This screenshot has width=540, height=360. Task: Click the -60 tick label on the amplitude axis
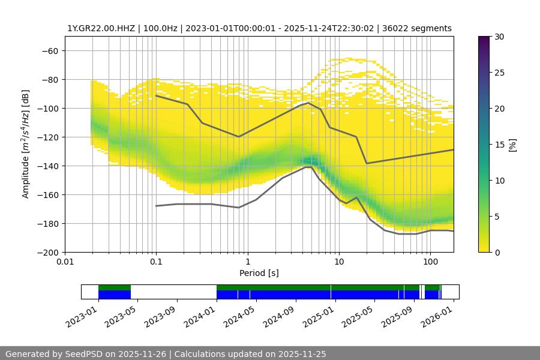point(50,50)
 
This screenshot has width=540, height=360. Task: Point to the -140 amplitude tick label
point(47,166)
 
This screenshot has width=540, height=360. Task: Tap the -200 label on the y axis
point(47,252)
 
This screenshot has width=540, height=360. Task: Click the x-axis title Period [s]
point(259,273)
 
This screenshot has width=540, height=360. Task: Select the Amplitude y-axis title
point(26,144)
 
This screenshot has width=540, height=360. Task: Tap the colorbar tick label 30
point(499,37)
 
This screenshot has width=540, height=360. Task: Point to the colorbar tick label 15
point(499,145)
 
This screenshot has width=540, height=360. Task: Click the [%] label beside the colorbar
point(512,144)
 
